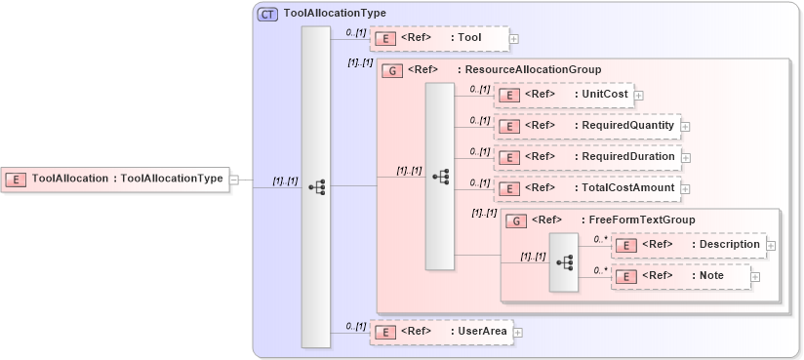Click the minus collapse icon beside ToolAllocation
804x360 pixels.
point(234,179)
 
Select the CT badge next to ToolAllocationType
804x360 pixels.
point(266,14)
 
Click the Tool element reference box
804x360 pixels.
point(439,38)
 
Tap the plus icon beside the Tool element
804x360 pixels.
point(514,39)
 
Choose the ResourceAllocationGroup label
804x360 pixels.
point(532,70)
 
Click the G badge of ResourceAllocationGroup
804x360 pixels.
point(392,70)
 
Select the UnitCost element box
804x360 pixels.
point(563,95)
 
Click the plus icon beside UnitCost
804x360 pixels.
point(639,95)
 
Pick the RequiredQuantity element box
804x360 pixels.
point(586,126)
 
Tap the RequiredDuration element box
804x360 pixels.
point(587,157)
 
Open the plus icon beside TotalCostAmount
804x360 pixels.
point(685,188)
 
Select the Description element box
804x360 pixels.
point(688,244)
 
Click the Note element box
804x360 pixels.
point(681,276)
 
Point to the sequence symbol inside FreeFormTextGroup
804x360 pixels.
point(564,261)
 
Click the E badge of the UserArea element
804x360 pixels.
point(386,332)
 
